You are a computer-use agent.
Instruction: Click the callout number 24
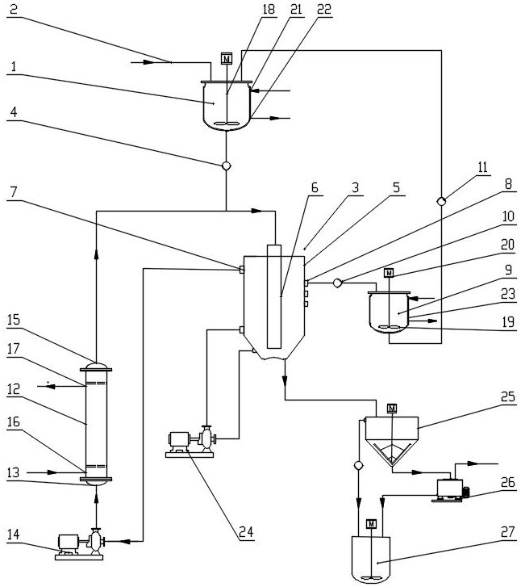(246, 532)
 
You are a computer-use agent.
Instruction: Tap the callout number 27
(507, 532)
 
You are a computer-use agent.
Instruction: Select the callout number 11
(482, 167)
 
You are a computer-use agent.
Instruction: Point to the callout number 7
(14, 191)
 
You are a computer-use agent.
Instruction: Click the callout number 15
(14, 320)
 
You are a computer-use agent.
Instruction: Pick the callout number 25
(508, 396)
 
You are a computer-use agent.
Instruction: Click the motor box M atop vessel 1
(227, 59)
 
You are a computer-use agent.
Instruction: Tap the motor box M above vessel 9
(389, 273)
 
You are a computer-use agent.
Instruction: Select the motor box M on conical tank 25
(392, 408)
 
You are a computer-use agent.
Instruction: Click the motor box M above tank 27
(371, 524)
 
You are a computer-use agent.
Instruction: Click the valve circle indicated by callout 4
(226, 166)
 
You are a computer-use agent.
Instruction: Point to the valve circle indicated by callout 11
(441, 201)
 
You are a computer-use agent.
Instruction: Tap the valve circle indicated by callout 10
(337, 283)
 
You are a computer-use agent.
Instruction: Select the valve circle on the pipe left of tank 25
(358, 465)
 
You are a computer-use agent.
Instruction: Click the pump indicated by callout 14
(79, 544)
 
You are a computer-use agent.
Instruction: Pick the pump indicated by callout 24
(191, 442)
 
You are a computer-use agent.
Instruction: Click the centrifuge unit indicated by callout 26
(451, 490)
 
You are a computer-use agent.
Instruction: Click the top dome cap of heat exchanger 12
(96, 366)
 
